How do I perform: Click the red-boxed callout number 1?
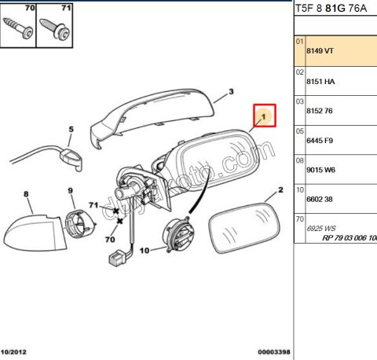[x=265, y=116]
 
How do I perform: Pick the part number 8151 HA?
[x=319, y=81]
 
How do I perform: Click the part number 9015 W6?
[x=319, y=170]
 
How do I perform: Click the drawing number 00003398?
[x=272, y=352]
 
